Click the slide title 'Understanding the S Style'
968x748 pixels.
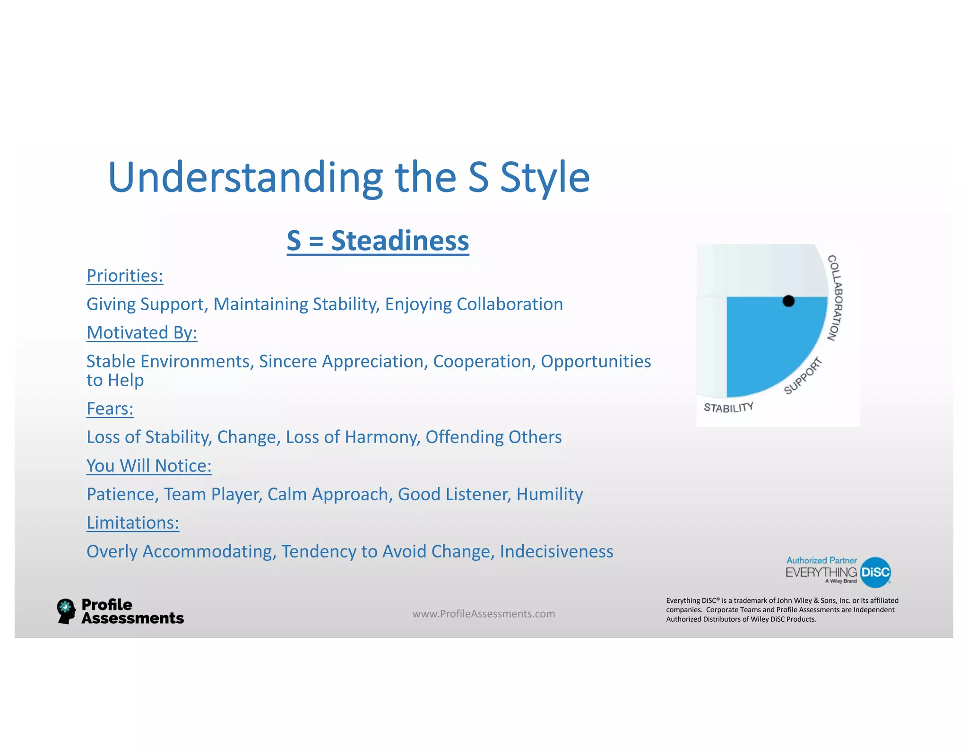click(349, 178)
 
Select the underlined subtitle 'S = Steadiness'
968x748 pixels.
click(378, 241)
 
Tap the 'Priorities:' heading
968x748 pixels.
click(125, 276)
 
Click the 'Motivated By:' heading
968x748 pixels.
click(142, 333)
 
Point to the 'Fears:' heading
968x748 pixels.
click(110, 409)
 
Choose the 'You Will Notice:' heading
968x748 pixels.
click(149, 466)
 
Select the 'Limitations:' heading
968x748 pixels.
click(133, 522)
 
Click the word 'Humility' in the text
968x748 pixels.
click(549, 494)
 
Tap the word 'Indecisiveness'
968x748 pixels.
click(556, 551)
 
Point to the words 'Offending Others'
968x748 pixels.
click(493, 437)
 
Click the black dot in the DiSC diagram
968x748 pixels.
click(788, 301)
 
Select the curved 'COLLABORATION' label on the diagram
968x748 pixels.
click(835, 298)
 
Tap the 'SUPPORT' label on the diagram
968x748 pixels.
click(803, 376)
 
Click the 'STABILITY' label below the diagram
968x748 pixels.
click(728, 408)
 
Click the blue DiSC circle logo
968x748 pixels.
click(875, 572)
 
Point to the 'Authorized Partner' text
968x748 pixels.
click(821, 560)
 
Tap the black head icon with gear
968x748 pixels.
click(66, 611)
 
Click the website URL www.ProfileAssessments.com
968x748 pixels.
click(484, 614)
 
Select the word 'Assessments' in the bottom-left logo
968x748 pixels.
click(132, 618)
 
